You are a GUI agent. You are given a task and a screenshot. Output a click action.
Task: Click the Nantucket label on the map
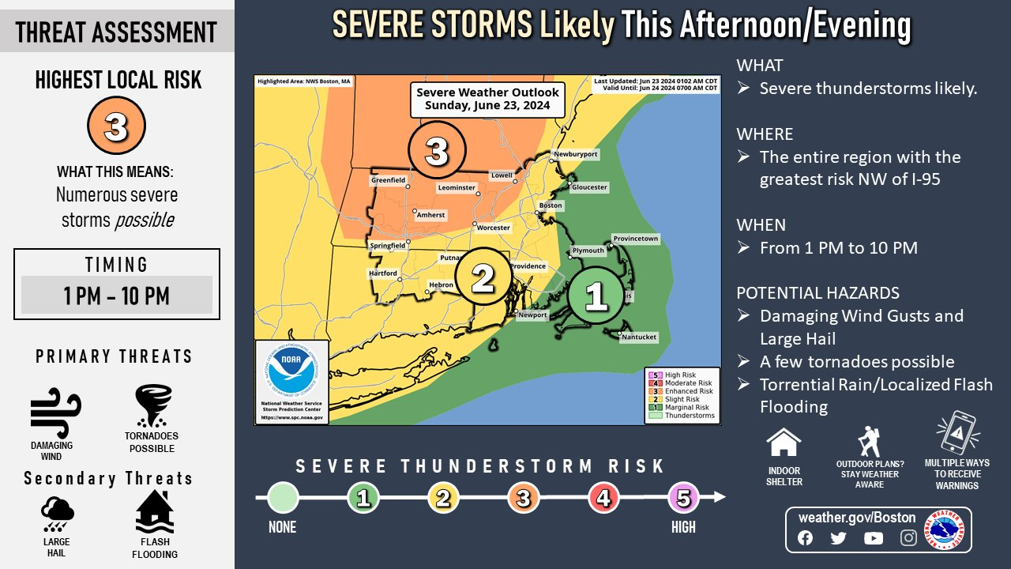(x=639, y=337)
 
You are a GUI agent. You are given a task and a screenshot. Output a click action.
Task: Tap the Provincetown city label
(x=636, y=239)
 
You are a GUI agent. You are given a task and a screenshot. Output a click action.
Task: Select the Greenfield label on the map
(x=389, y=180)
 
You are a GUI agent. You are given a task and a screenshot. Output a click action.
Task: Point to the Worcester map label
(x=494, y=228)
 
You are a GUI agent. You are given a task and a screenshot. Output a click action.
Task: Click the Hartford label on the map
(x=383, y=273)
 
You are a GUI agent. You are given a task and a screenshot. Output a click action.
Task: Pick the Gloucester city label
(x=589, y=187)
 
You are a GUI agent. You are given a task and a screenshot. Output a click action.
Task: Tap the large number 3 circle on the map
(x=437, y=150)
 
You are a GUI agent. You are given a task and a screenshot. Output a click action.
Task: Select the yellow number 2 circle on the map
(x=483, y=277)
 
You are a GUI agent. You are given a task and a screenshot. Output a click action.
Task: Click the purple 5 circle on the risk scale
(x=684, y=498)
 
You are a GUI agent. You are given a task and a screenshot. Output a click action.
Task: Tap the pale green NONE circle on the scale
(x=284, y=498)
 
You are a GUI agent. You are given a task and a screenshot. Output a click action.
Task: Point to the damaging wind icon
(x=54, y=411)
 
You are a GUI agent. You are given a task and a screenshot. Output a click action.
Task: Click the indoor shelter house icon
(x=784, y=443)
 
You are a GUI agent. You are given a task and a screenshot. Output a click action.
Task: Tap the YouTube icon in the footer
(x=874, y=538)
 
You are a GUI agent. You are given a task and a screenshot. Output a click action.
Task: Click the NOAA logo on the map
(x=291, y=372)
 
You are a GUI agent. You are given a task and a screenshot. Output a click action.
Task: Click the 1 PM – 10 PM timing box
(x=117, y=296)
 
